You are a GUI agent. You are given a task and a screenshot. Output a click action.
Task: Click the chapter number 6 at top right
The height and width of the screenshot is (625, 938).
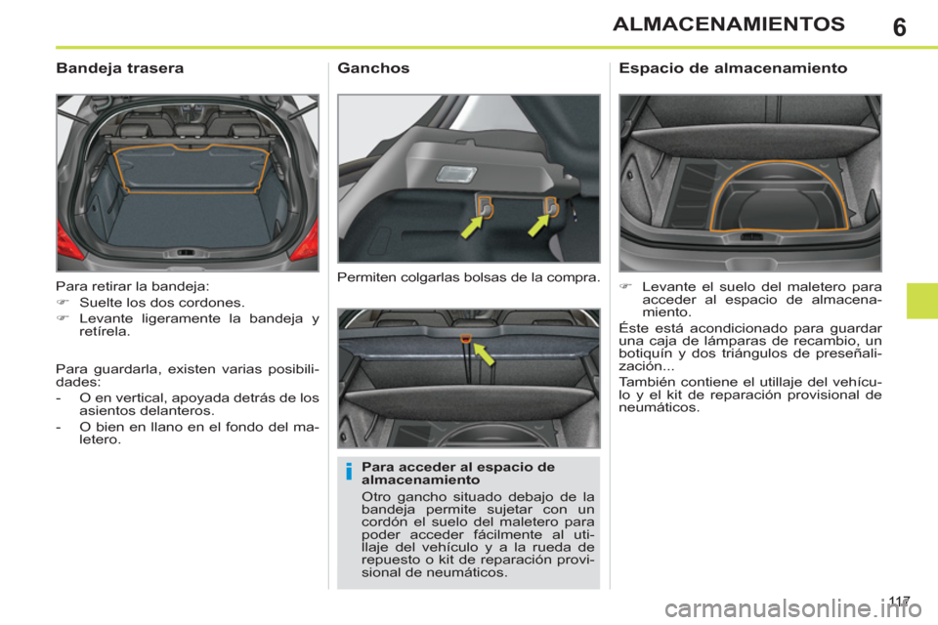(x=899, y=25)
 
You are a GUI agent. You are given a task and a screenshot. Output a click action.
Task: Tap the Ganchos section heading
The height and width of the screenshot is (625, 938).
(x=373, y=69)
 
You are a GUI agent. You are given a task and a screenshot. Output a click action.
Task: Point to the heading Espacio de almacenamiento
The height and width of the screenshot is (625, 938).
(x=733, y=69)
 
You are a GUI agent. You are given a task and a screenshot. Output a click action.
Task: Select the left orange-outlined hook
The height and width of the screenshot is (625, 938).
(x=486, y=205)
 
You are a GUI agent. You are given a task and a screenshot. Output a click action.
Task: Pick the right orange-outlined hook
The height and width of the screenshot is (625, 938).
(x=550, y=205)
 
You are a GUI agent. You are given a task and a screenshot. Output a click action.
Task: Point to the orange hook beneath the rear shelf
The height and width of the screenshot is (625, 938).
(x=467, y=338)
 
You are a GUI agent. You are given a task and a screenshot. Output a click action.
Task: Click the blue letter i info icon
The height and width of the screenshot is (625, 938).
(x=348, y=475)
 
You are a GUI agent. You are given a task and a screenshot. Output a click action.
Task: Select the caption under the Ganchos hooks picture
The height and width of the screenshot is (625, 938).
(x=467, y=278)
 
